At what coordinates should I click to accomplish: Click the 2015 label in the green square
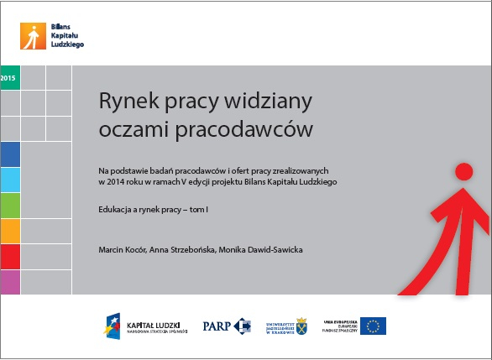tap(9, 77)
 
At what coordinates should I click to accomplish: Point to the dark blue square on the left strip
tap(10, 155)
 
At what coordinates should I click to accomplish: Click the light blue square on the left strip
tap(10, 180)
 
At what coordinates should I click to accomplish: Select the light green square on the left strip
tap(10, 206)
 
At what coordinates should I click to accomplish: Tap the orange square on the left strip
tap(10, 231)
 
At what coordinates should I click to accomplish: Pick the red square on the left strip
tap(10, 256)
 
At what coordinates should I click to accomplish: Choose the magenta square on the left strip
tap(10, 281)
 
